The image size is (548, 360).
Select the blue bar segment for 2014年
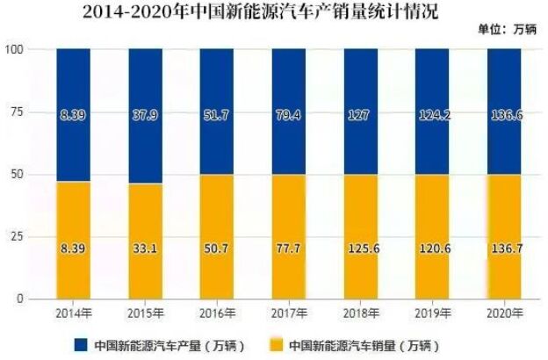pos(72,88)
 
